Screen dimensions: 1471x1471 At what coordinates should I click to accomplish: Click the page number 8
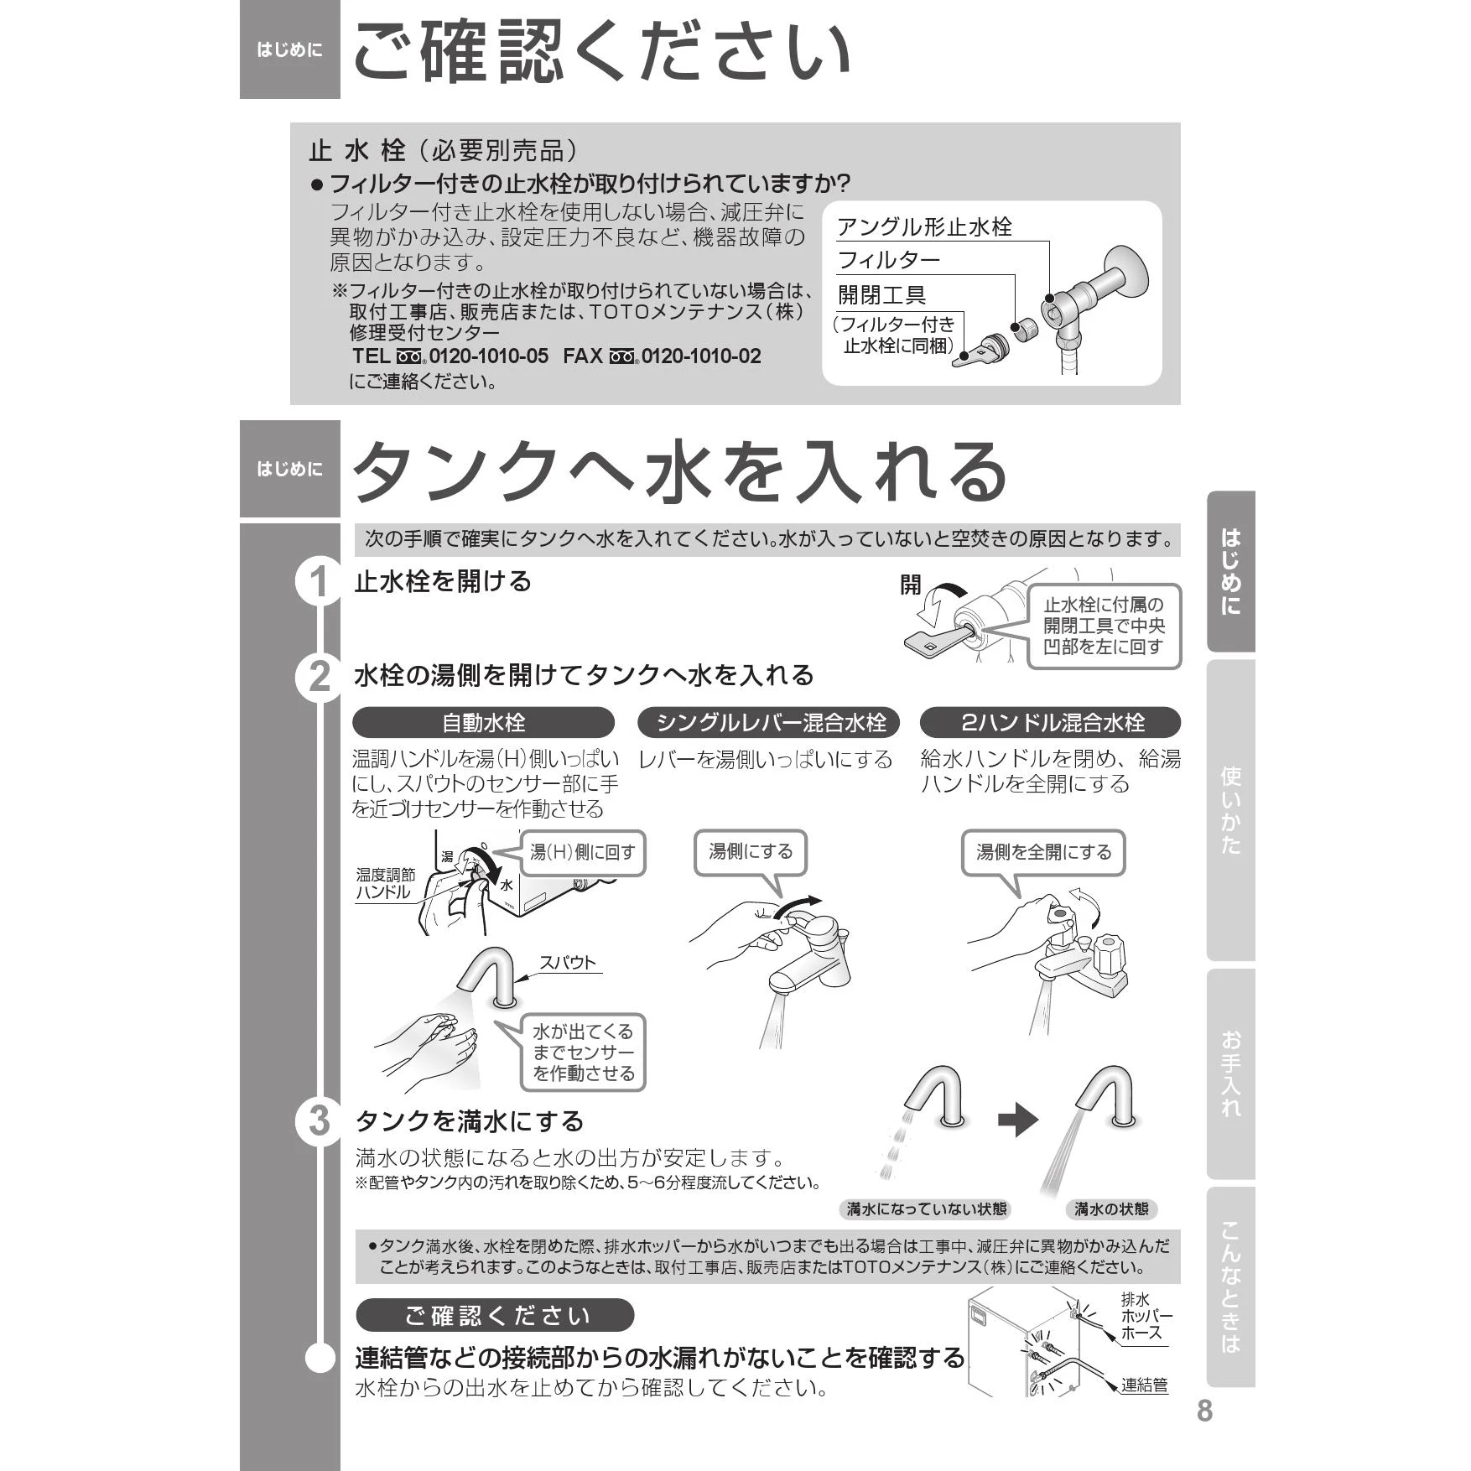point(1204,1411)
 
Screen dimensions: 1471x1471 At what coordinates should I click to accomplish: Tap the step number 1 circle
point(319,581)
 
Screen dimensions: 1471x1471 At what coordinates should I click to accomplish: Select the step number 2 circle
point(319,677)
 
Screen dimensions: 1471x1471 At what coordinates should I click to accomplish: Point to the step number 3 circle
point(319,1120)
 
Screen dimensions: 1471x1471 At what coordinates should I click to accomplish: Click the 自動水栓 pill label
point(483,723)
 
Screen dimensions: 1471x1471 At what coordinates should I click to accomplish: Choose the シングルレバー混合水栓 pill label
point(769,723)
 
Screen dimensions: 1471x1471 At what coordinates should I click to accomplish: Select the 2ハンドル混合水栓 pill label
point(1050,723)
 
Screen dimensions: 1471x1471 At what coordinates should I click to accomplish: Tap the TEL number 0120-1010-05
point(489,356)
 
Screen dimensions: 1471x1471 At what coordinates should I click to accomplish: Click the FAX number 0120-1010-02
point(701,356)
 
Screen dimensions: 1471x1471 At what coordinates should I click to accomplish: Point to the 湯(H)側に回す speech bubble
point(583,853)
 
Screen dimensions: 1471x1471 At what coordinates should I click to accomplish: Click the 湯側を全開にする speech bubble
point(1042,853)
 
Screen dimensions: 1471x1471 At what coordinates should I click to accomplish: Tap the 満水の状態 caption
point(1111,1209)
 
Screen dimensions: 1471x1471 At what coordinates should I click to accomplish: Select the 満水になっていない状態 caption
point(926,1209)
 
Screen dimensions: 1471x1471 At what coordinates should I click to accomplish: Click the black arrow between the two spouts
point(1018,1120)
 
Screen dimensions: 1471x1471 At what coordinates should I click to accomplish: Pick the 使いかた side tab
point(1230,810)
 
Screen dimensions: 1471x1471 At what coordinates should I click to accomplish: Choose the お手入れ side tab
point(1230,1073)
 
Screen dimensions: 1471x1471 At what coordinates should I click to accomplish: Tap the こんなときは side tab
point(1230,1286)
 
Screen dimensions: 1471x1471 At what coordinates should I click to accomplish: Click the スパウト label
point(567,963)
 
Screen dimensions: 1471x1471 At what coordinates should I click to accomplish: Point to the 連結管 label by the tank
point(1144,1385)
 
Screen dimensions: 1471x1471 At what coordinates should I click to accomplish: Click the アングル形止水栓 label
point(924,227)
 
